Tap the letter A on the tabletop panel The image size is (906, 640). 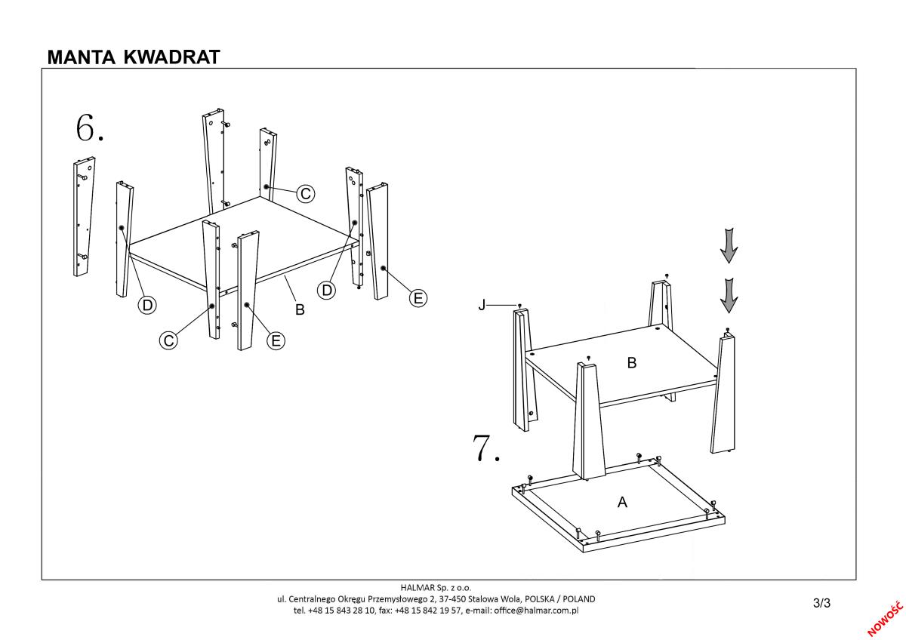[x=623, y=502]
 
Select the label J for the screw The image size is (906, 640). [x=481, y=305]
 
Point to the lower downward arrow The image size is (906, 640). [x=728, y=294]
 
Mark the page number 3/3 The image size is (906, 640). [x=821, y=602]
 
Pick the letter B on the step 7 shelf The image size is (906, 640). [x=632, y=363]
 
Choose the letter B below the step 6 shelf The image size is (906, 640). [x=300, y=309]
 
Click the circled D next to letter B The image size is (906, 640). [x=326, y=290]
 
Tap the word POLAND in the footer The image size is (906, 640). [x=577, y=598]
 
